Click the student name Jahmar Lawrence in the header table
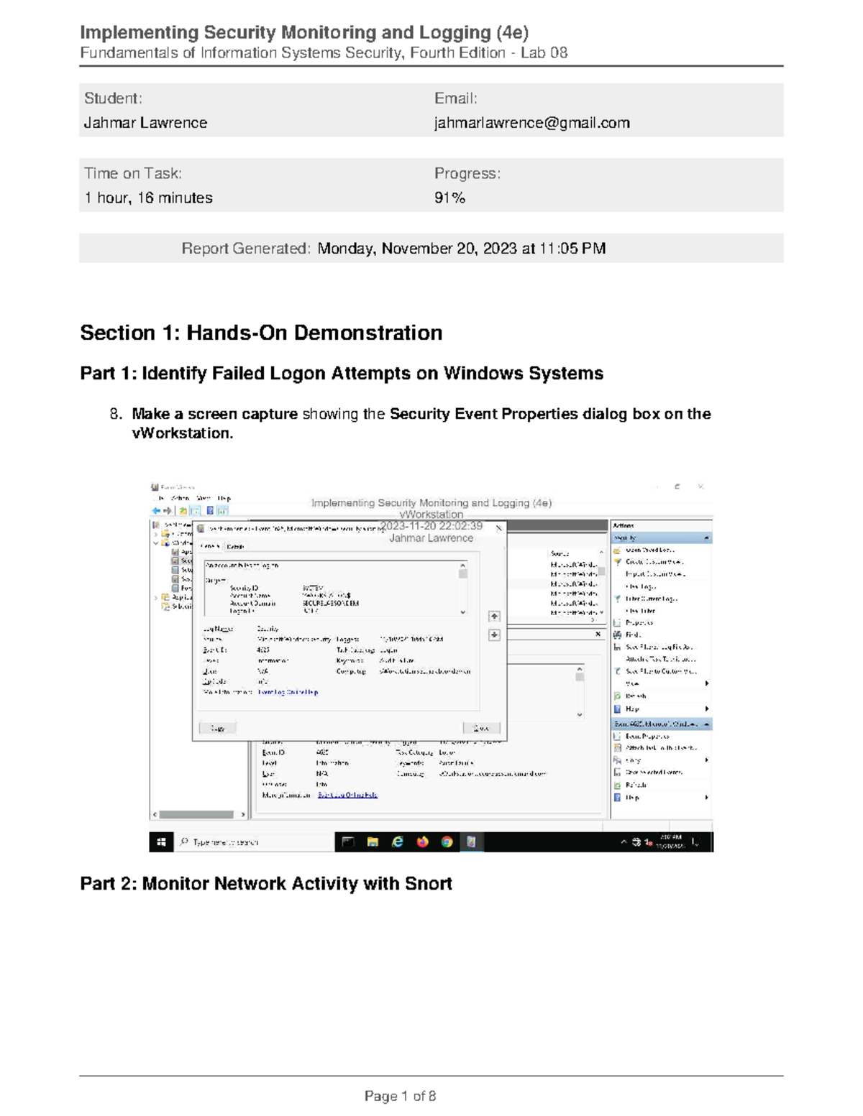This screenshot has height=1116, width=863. pos(145,123)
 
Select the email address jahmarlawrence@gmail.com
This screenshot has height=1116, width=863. pos(531,123)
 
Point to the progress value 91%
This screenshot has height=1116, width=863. pos(449,198)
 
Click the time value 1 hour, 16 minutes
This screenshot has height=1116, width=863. pos(148,198)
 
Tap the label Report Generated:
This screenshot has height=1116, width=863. pos(246,249)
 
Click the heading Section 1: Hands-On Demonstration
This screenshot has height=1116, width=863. pos(261,333)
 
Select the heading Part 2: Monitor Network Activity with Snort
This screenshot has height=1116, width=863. pos(265,883)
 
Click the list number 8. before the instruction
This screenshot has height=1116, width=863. pos(116,414)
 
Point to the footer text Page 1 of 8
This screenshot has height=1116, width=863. pos(400,1096)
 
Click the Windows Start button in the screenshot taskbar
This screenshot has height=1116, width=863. pos(161,842)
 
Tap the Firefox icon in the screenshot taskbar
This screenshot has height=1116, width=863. pos(422,842)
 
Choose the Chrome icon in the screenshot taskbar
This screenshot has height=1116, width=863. pos(447,842)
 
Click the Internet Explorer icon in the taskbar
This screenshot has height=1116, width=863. pos(397,842)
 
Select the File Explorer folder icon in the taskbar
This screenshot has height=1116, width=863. pos(373,842)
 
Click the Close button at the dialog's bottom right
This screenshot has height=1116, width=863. pos(481,728)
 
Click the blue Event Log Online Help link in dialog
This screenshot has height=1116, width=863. pos(288,692)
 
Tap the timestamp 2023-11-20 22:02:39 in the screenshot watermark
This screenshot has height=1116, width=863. pos(431,526)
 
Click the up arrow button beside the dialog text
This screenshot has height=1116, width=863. pos(494,617)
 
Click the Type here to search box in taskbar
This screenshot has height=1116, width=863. pos(226,842)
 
